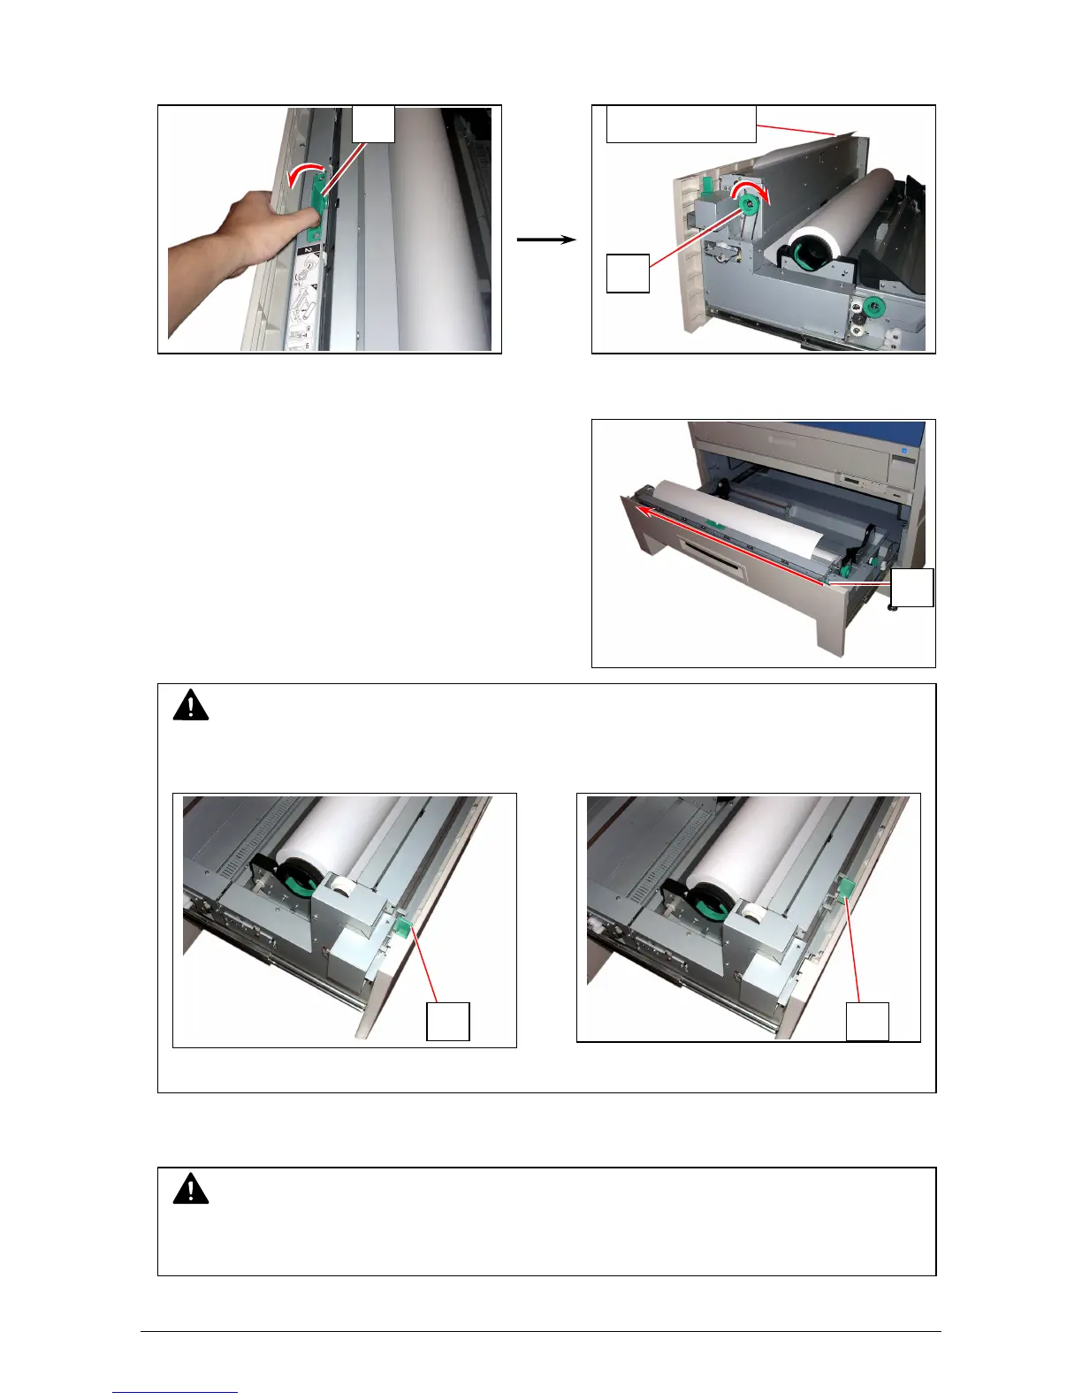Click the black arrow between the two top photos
pyautogui.click(x=545, y=240)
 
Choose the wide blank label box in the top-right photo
pyautogui.click(x=681, y=124)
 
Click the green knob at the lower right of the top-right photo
pyautogui.click(x=873, y=308)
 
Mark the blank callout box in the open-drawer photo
pyautogui.click(x=912, y=588)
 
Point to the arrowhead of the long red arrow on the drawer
pyautogui.click(x=644, y=511)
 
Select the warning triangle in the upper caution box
pyautogui.click(x=190, y=706)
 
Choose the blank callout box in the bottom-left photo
pyautogui.click(x=448, y=1022)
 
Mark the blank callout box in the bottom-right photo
pyautogui.click(x=868, y=1021)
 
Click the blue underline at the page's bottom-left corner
pyautogui.click(x=175, y=1393)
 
